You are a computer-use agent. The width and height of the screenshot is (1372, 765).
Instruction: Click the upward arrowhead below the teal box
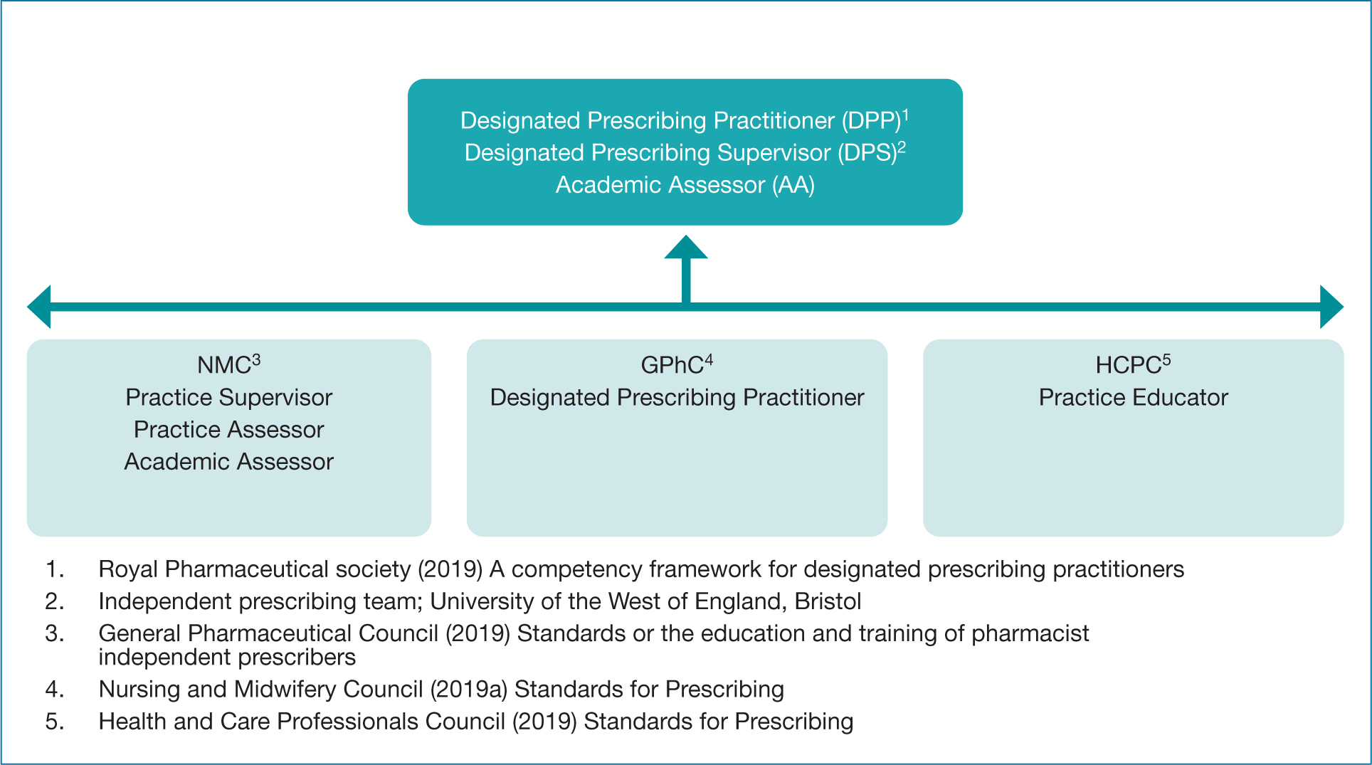pyautogui.click(x=686, y=247)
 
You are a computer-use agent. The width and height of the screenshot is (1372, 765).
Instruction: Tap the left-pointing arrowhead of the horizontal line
pyautogui.click(x=39, y=307)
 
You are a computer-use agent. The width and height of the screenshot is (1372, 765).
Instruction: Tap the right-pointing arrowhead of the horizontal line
pyautogui.click(x=1331, y=307)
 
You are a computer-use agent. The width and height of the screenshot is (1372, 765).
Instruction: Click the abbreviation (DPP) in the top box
pyautogui.click(x=872, y=121)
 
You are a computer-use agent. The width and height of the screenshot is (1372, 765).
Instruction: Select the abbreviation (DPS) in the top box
pyautogui.click(x=867, y=153)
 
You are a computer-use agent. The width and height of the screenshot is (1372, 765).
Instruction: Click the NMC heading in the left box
pyautogui.click(x=223, y=365)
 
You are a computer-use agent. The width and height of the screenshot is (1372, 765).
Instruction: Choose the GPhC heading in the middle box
pyautogui.click(x=672, y=365)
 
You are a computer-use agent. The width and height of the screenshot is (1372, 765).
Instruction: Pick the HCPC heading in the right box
pyautogui.click(x=1128, y=365)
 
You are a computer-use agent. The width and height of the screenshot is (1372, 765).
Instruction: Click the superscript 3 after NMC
pyautogui.click(x=256, y=360)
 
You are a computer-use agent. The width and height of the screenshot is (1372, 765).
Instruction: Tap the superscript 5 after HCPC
pyautogui.click(x=1166, y=360)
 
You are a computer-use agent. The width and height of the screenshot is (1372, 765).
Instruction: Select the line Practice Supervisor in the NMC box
pyautogui.click(x=229, y=398)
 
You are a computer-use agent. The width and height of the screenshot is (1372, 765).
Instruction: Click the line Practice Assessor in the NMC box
pyautogui.click(x=229, y=430)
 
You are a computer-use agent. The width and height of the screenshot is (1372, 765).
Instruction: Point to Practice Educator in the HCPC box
pyautogui.click(x=1134, y=398)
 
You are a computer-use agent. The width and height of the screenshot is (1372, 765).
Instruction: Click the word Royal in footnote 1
pyautogui.click(x=128, y=569)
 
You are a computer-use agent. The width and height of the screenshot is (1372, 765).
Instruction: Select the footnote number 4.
pyautogui.click(x=54, y=690)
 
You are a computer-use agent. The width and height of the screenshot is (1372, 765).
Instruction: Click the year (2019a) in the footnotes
pyautogui.click(x=469, y=690)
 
